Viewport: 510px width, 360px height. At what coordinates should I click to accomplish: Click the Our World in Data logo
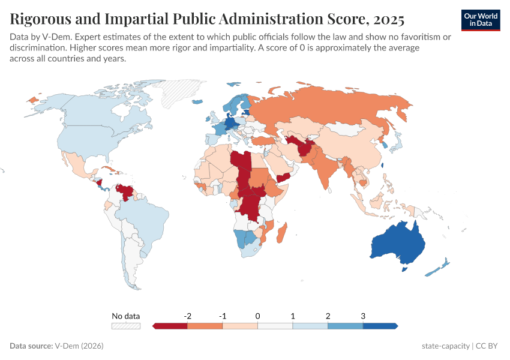(x=480, y=20)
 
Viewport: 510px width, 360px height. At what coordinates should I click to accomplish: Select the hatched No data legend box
(x=125, y=326)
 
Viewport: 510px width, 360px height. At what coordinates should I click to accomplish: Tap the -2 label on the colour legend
(x=187, y=316)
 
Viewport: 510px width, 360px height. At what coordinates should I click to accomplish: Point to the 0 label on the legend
(x=257, y=316)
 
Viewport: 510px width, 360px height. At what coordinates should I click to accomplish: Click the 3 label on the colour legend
(x=363, y=316)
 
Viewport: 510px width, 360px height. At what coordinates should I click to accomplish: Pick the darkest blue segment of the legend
(x=380, y=326)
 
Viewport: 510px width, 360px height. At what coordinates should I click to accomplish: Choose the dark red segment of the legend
(x=170, y=326)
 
